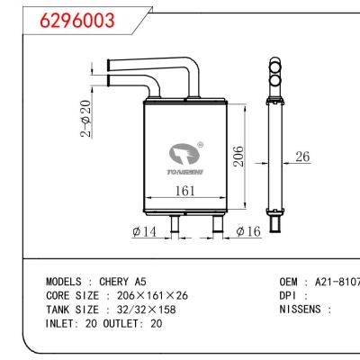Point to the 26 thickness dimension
click(302, 157)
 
